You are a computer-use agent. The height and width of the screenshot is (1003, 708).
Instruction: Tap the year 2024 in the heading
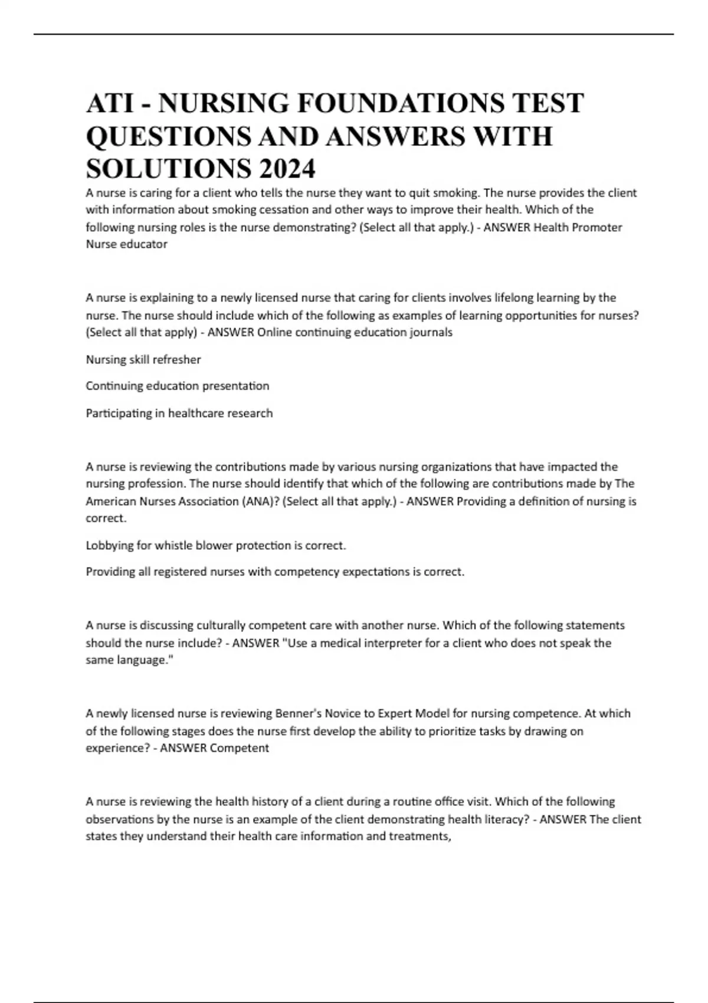click(286, 169)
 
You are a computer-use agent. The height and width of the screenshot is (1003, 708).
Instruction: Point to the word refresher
click(176, 359)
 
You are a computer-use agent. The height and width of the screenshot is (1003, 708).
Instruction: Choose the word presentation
click(235, 386)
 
